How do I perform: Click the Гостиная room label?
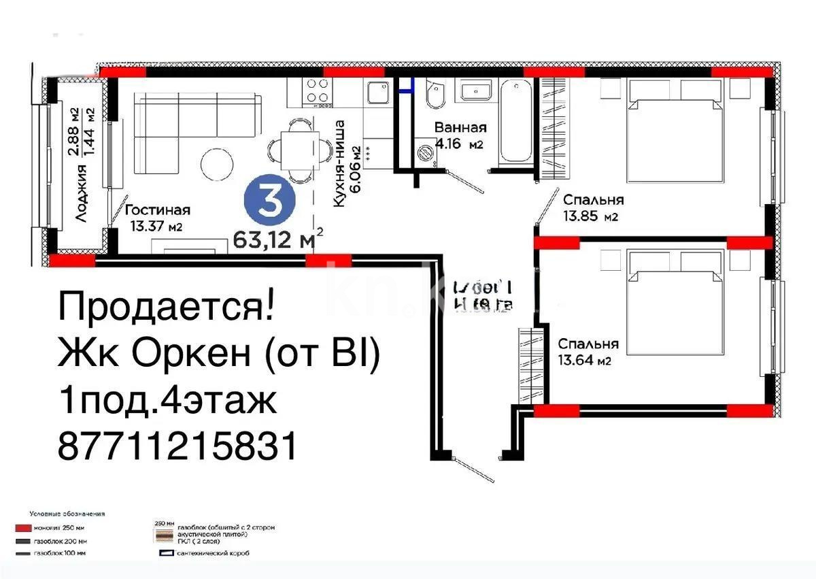tap(157, 210)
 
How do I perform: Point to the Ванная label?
tap(460, 128)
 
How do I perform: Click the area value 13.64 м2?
tap(584, 361)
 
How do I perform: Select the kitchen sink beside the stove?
tap(377, 92)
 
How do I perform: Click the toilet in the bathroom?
tap(435, 95)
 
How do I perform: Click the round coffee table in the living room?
tap(217, 164)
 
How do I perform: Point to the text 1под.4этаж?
tap(168, 401)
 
